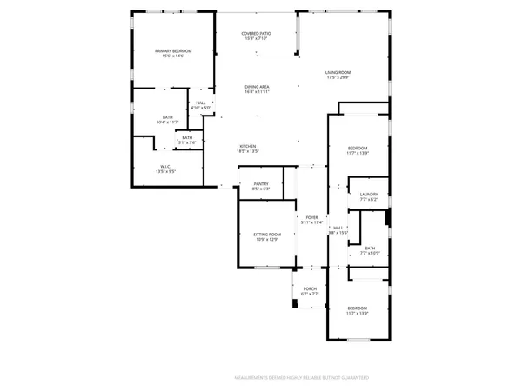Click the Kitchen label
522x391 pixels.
tap(248, 148)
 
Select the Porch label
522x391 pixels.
tap(310, 291)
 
